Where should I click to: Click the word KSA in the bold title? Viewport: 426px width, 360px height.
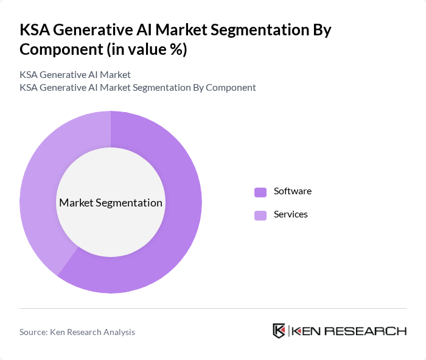(35, 30)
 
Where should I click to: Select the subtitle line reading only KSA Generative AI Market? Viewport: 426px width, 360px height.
(75, 75)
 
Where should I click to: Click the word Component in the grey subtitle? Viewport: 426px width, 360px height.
(231, 87)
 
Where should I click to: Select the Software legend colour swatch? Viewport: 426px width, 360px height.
(260, 192)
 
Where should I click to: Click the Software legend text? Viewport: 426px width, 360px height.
(292, 191)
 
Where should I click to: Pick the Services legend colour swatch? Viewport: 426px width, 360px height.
(260, 215)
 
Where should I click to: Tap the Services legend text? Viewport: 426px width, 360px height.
(290, 214)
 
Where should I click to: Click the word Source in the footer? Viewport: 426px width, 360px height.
(33, 332)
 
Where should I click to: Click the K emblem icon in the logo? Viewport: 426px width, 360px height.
(279, 331)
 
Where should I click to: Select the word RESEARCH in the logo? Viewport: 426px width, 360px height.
(372, 331)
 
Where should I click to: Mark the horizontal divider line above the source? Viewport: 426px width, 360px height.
(213, 308)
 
